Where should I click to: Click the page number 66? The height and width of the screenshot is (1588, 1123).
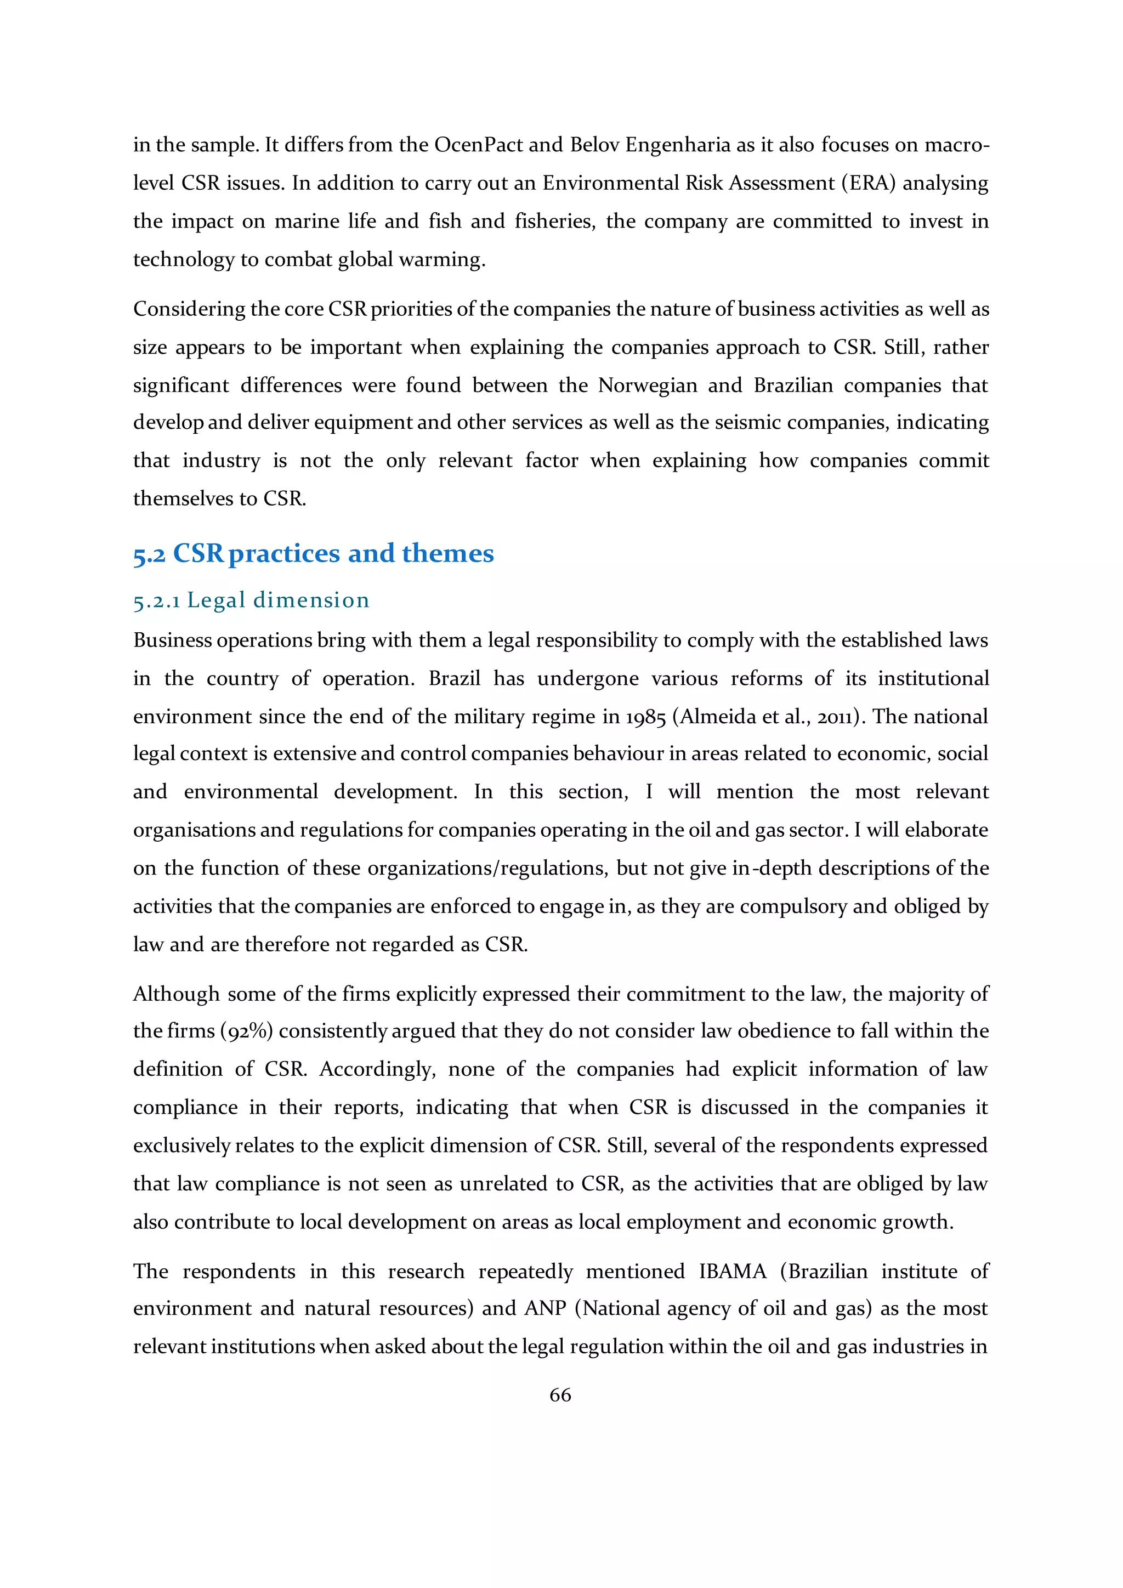tap(560, 1395)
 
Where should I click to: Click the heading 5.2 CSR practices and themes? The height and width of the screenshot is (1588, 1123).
tap(313, 553)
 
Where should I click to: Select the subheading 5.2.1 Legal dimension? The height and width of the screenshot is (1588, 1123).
tap(251, 600)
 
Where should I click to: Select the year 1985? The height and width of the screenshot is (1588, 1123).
tap(646, 717)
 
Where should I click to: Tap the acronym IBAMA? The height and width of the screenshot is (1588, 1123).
tap(732, 1271)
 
